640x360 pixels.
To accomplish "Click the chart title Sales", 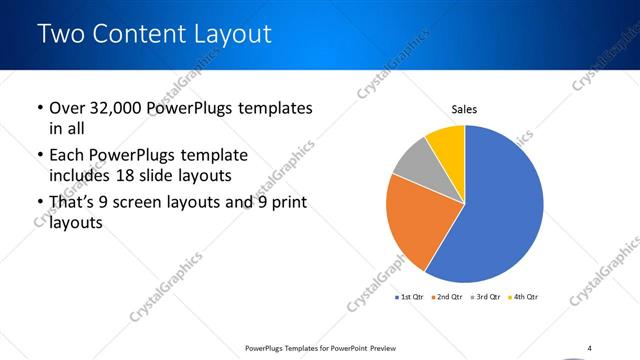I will click(464, 108).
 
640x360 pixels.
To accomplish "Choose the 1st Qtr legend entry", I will click(411, 297).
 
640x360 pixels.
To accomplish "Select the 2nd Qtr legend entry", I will click(447, 297).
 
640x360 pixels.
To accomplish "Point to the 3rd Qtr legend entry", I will click(486, 297).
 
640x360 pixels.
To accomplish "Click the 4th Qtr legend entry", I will click(522, 297).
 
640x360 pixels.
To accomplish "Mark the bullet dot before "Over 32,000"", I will click(39, 108).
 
